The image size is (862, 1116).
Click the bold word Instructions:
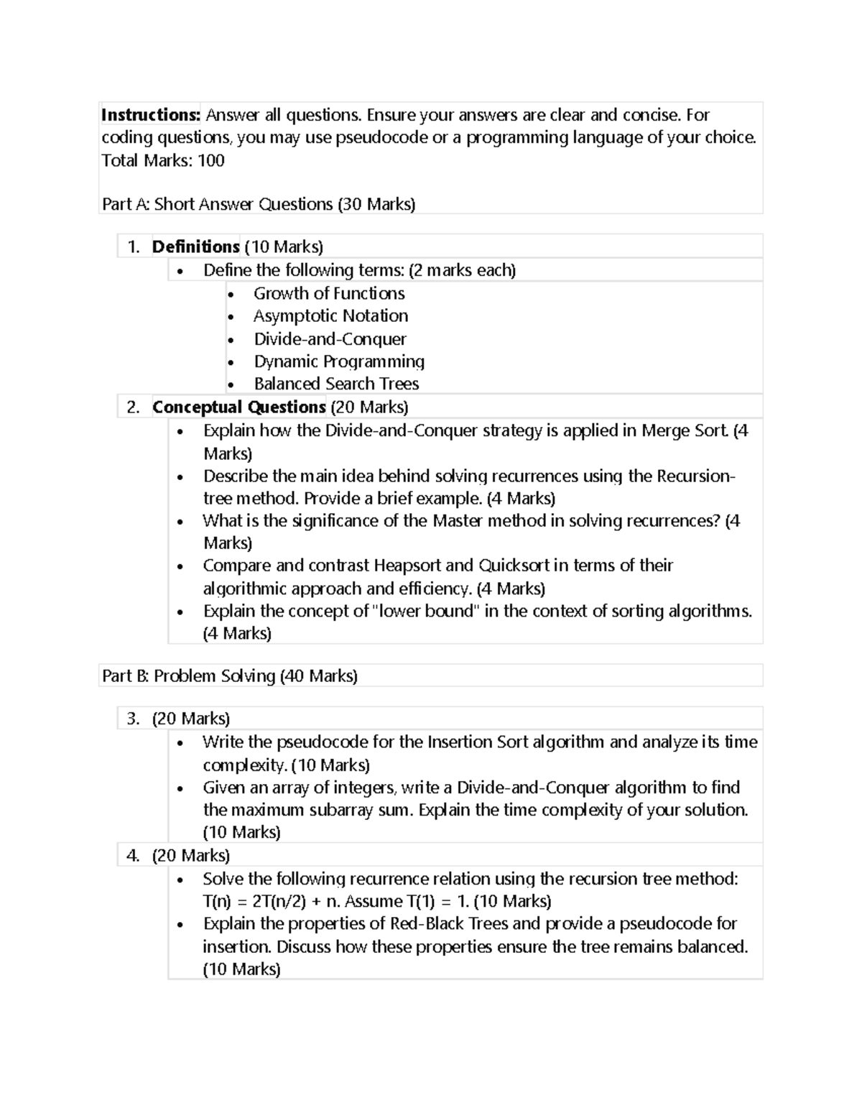click(x=151, y=115)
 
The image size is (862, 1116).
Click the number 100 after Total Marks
click(x=211, y=160)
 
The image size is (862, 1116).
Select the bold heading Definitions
click(x=195, y=247)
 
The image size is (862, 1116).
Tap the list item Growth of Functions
click(x=329, y=293)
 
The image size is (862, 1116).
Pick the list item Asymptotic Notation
click(x=330, y=316)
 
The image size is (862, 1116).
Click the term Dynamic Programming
click(x=339, y=361)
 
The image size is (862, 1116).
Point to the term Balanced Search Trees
click(x=336, y=384)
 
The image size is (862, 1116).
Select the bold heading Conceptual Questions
click(x=239, y=407)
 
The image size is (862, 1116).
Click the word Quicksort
click(x=514, y=566)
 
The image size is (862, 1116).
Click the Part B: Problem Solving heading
click(x=229, y=676)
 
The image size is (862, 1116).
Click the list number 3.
click(x=132, y=719)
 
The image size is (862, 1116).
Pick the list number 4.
click(x=132, y=856)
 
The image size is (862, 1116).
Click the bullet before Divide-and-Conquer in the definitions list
click(x=230, y=340)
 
